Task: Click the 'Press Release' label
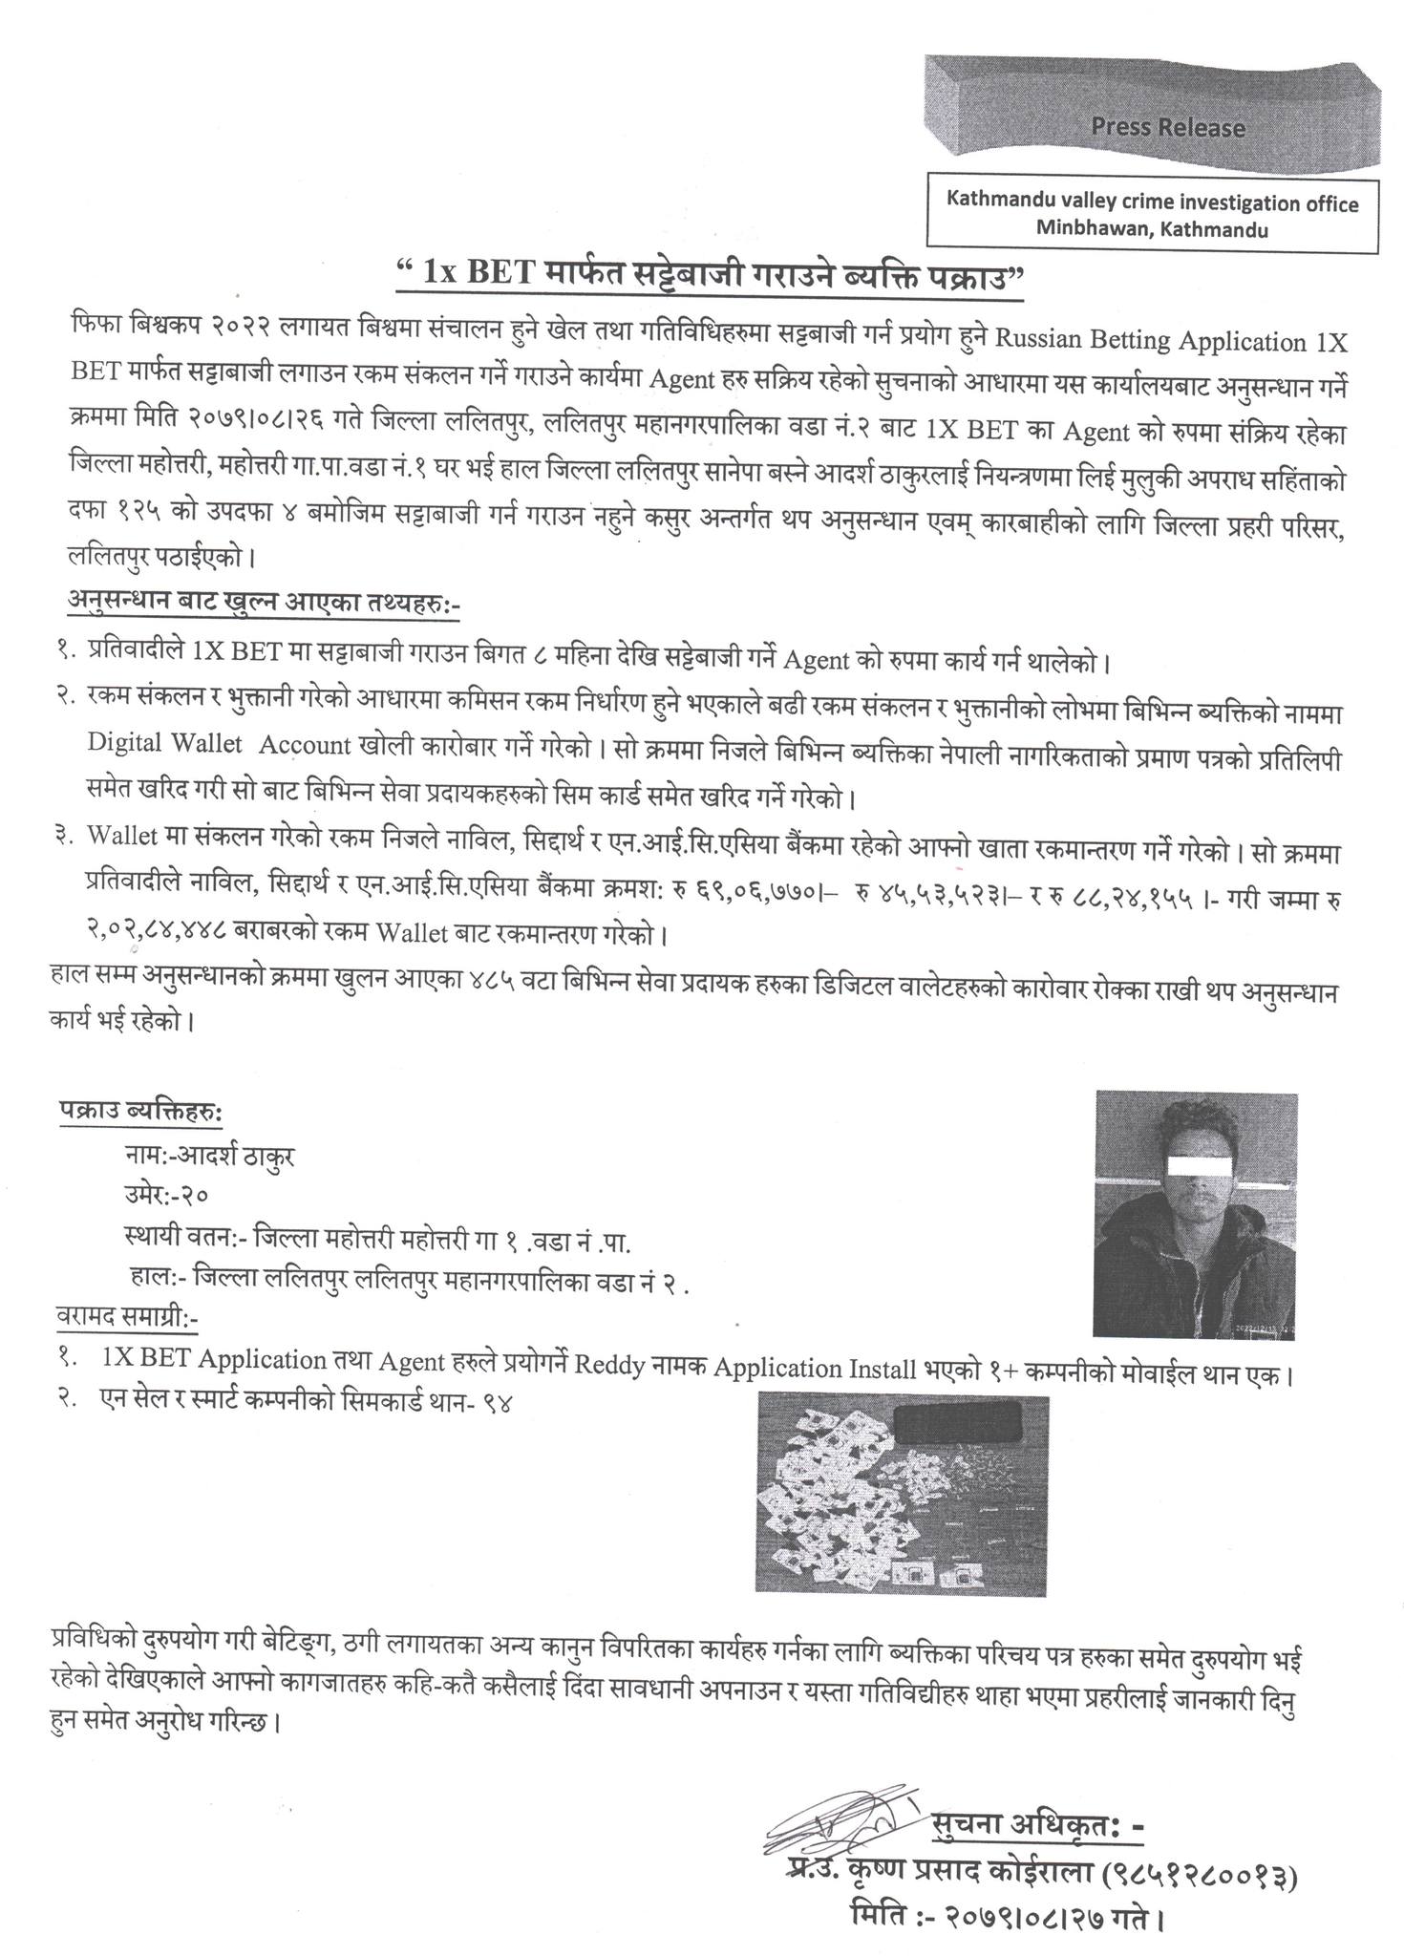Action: (x=1168, y=127)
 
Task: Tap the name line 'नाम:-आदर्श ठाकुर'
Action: (x=209, y=1156)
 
